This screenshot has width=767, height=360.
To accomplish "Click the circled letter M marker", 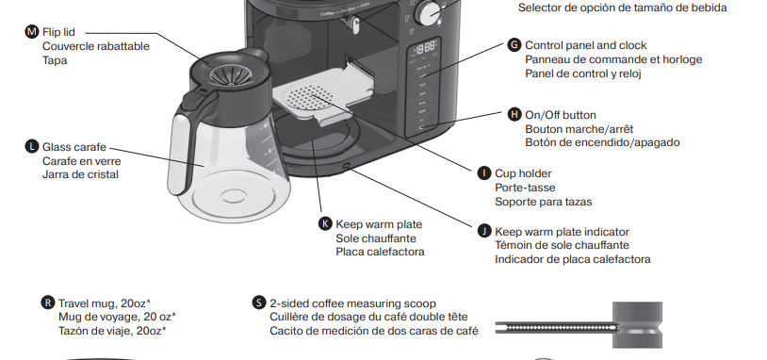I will coord(32,32).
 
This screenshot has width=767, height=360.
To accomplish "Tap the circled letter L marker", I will coord(32,147).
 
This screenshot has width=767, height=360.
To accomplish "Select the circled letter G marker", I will coord(514,45).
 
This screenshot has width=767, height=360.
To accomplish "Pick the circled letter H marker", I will coord(514,115).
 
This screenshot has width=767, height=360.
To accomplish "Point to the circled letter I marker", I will coord(484,173).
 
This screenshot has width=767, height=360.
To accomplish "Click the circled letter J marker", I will coord(484,231).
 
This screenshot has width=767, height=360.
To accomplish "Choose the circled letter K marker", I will coord(326,224).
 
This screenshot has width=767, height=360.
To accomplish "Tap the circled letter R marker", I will coord(48,303).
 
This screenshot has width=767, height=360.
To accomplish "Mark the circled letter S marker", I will coord(259,303).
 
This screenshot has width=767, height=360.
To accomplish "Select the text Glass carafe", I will coord(74,147).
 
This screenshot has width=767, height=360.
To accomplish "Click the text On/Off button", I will coord(561,115).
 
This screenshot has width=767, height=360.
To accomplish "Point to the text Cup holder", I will coord(523,173).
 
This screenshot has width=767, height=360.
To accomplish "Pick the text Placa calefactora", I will coord(381,252).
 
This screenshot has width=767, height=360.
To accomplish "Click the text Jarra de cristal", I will coord(80,174).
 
